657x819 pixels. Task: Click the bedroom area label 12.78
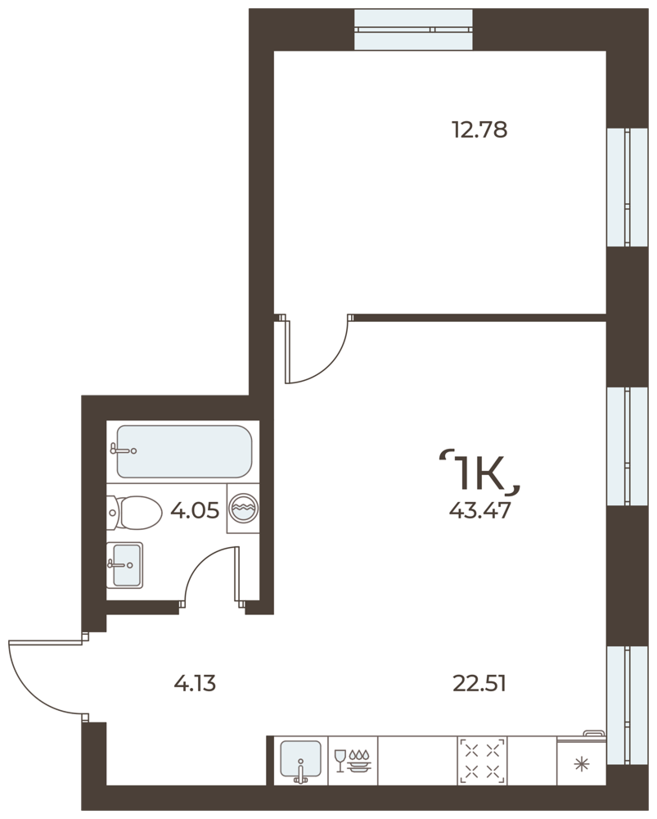(479, 129)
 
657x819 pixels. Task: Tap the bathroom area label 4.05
(195, 510)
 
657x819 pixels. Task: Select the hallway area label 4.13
(195, 683)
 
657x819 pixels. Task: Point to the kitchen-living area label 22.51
(479, 683)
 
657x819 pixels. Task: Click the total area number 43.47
(479, 510)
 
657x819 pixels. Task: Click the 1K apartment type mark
(480, 473)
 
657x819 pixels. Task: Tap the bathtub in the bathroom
(184, 451)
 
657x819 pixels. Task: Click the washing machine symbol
(243, 509)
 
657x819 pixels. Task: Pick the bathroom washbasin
(124, 565)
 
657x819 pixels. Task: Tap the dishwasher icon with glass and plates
(353, 761)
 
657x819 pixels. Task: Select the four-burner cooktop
(482, 761)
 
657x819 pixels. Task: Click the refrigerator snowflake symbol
(581, 765)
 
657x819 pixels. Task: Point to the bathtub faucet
(124, 449)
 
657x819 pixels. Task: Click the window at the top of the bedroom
(413, 29)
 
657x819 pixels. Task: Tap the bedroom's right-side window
(627, 187)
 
